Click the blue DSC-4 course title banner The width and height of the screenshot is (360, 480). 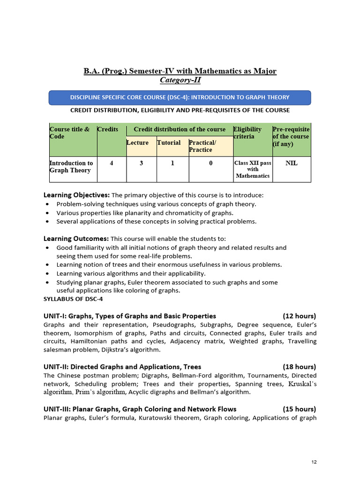180,97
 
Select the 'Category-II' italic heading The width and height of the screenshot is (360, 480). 180,80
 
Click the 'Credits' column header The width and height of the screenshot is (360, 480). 108,129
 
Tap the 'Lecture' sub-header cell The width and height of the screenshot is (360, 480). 137,142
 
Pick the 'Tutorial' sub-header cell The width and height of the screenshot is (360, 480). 169,142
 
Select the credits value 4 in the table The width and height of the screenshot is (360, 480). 111,163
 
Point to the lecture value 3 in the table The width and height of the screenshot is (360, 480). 141,163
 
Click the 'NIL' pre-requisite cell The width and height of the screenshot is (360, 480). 291,163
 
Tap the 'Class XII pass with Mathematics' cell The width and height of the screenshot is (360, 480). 253,169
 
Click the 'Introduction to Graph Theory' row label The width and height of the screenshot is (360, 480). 71,166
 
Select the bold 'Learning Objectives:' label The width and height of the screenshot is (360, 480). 76,195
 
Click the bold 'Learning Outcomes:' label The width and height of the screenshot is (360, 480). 76,239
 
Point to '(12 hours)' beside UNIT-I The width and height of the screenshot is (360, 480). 299,316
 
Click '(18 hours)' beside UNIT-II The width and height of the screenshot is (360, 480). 299,367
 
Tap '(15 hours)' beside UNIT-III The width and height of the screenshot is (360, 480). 299,409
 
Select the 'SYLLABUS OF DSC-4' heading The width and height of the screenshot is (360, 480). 73,299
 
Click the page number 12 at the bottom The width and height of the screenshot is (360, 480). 314,462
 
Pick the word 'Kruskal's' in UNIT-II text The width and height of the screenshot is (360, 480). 302,384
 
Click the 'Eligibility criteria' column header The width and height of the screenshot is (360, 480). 248,133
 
